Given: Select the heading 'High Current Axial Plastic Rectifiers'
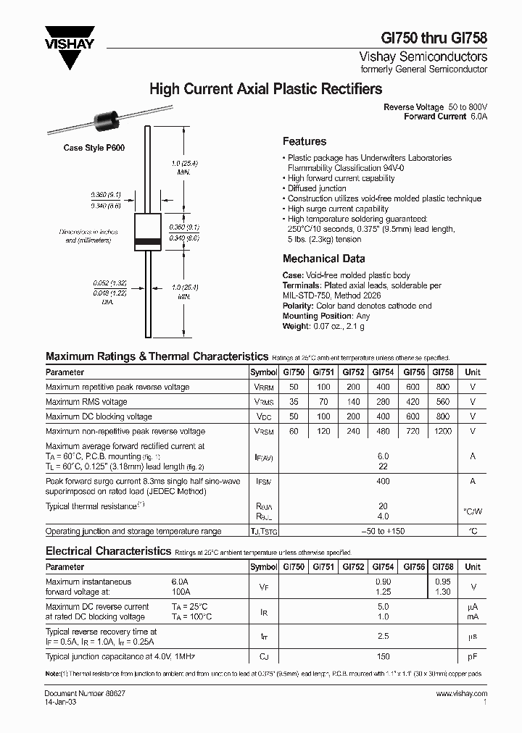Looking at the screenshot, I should (x=265, y=90).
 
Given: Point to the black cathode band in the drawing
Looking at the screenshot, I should (x=148, y=240).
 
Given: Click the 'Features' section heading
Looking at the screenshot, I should (x=304, y=141).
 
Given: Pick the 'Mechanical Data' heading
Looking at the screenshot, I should (x=323, y=259).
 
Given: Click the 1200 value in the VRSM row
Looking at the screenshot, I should (x=442, y=431).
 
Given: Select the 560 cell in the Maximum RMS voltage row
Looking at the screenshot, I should (x=442, y=402).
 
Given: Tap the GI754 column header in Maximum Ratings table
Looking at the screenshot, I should (x=383, y=372).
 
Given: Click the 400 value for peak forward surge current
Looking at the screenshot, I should (x=383, y=481).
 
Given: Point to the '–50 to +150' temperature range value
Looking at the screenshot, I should (x=383, y=531).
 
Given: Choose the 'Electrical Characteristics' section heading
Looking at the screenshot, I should (x=108, y=550).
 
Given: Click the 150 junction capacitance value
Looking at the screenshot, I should (x=383, y=656).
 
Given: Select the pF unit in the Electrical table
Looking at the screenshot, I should (x=473, y=656).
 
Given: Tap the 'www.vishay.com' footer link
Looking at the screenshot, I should (x=462, y=693).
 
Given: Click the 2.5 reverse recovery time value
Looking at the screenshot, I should (x=383, y=636).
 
